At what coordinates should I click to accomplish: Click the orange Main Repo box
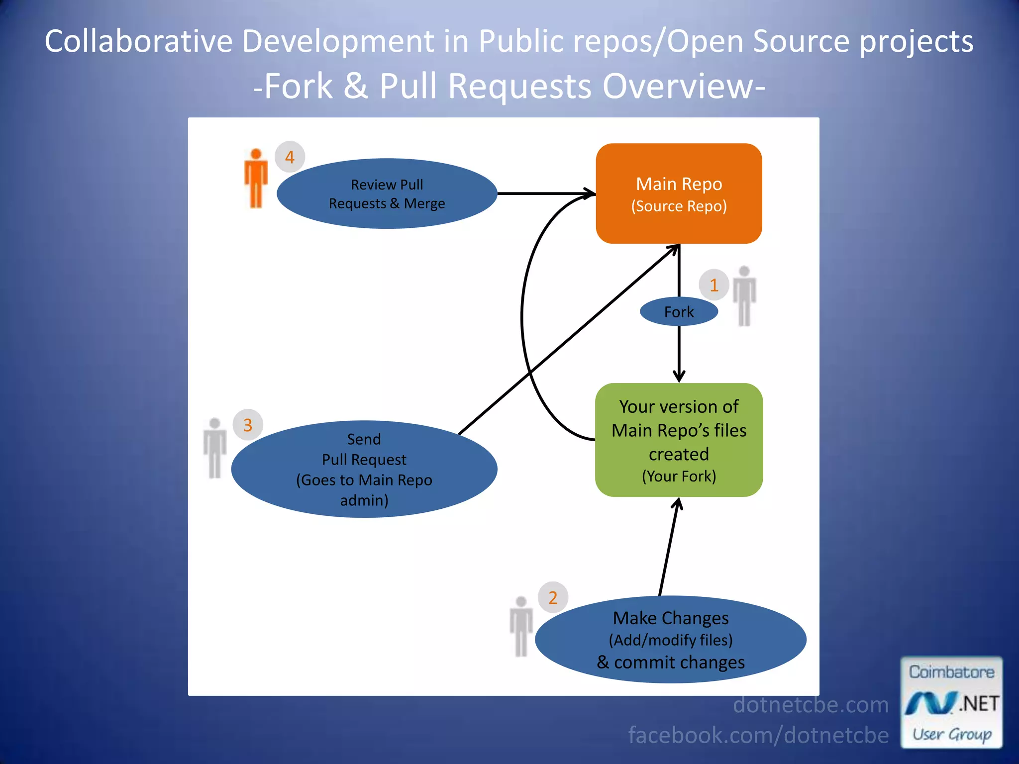[679, 193]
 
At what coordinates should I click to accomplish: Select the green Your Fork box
[679, 440]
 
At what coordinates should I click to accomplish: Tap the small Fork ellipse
[679, 312]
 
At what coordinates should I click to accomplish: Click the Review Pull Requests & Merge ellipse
[387, 193]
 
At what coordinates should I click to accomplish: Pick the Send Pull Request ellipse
[364, 469]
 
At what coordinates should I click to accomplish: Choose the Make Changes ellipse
[670, 640]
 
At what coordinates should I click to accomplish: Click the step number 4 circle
[290, 157]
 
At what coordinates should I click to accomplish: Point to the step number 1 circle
[714, 285]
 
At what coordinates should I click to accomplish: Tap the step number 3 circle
[248, 425]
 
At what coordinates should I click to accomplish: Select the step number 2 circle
[553, 597]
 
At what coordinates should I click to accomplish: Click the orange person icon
[256, 178]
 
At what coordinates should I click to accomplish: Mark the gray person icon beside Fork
[744, 296]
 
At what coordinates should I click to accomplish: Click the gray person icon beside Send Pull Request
[214, 448]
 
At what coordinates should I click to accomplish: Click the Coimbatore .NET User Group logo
[951, 702]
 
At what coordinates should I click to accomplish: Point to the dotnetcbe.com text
[811, 705]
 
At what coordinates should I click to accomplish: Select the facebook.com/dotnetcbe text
[758, 735]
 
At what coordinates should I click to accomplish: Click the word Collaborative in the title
[138, 41]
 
